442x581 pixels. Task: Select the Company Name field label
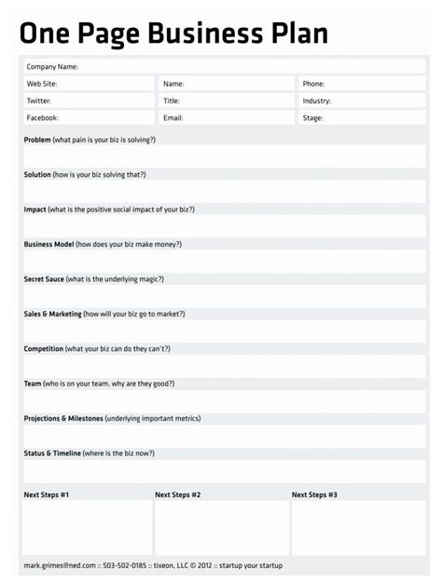[x=52, y=67]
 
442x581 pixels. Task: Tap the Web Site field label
[x=42, y=84]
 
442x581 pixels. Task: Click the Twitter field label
[x=39, y=101]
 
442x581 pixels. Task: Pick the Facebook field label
[x=43, y=118]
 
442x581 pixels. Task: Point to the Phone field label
[x=313, y=84]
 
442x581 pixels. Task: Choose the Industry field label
[x=317, y=101]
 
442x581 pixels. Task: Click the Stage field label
[x=312, y=118]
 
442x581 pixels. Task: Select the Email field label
[x=173, y=118]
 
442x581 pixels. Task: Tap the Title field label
[x=172, y=101]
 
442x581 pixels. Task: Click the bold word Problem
[x=38, y=140]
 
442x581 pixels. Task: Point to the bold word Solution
[x=38, y=174]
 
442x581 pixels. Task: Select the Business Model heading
[x=49, y=244]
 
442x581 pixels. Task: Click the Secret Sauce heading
[x=45, y=278]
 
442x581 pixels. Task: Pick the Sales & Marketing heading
[x=53, y=314]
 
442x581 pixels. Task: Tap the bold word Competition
[x=44, y=348]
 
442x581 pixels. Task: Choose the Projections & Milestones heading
[x=63, y=418]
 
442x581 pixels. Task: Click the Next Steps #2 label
[x=178, y=494]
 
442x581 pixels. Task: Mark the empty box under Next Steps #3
[x=358, y=527]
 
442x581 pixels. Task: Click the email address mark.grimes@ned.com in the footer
[x=60, y=565]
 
